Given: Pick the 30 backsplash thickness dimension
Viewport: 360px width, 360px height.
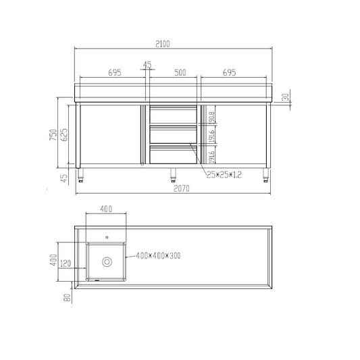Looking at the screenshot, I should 286,97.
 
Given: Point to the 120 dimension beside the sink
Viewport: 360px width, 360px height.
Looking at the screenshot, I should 66,263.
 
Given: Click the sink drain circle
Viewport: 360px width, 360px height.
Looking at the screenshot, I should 106,261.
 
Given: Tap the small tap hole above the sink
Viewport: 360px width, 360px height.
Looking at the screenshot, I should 106,236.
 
